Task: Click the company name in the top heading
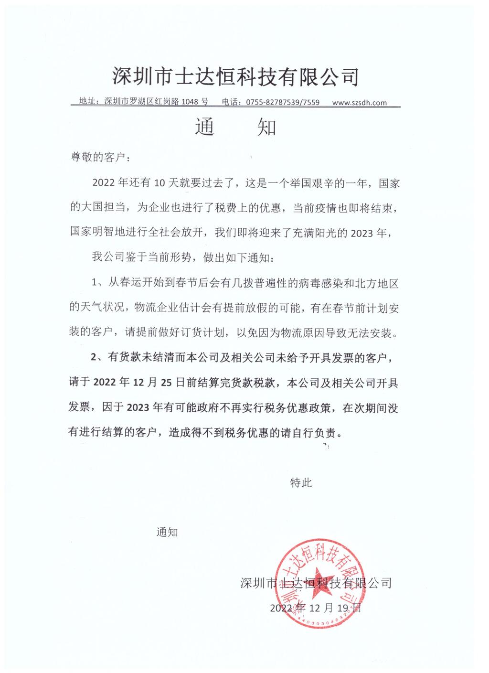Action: [x=235, y=76]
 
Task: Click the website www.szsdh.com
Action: [x=359, y=102]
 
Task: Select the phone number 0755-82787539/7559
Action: [x=283, y=102]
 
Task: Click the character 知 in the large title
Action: [x=266, y=128]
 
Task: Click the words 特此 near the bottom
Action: [x=301, y=482]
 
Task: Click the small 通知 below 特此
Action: [x=167, y=532]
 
